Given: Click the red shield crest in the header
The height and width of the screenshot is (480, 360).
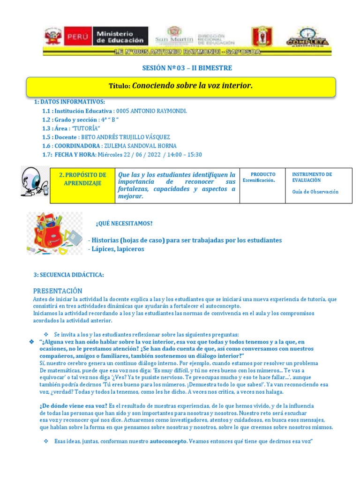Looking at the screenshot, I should point(259,37).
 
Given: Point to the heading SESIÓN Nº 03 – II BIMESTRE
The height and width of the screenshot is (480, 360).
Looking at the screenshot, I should point(187,68).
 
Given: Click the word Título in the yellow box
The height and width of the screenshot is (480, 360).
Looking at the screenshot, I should point(120,86).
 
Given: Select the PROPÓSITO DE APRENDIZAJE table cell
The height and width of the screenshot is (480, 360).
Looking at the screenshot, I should point(82,179).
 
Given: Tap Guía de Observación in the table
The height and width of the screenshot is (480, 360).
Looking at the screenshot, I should point(315,191).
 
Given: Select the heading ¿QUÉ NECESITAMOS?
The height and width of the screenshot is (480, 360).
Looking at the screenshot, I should point(124,223).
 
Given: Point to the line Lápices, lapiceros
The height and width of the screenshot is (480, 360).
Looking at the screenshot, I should point(116,249).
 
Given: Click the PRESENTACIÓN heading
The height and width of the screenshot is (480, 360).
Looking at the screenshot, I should point(57,291).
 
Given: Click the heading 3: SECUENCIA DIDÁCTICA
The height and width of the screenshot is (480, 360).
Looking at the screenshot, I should point(68,274).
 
